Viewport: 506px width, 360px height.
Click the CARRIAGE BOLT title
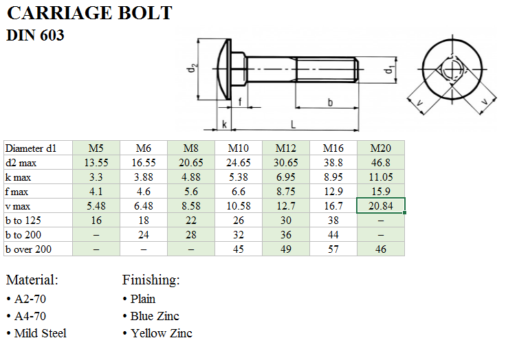point(89,13)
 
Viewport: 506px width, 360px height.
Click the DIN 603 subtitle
point(35,35)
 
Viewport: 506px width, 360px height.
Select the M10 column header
point(238,148)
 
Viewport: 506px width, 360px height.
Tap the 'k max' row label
point(18,177)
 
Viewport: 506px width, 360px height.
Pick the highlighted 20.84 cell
point(381,206)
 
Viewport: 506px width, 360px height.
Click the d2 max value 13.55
point(96,163)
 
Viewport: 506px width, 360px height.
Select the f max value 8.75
point(286,192)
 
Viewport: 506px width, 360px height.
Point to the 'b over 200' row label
point(28,249)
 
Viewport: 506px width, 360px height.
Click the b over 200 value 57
point(333,249)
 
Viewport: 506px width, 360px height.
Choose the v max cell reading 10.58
point(239,206)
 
